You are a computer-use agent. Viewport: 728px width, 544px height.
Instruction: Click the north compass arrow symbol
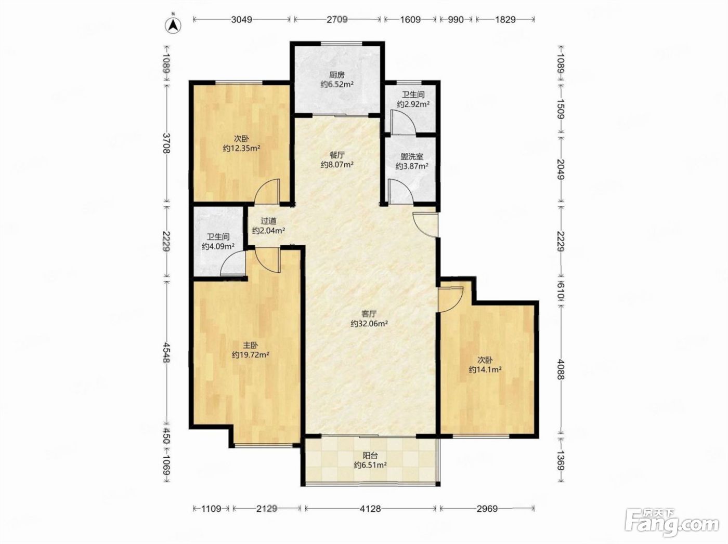pyautogui.click(x=173, y=25)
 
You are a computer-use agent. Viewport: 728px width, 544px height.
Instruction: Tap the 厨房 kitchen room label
pyautogui.click(x=336, y=75)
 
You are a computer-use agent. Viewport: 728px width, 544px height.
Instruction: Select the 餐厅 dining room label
pyautogui.click(x=336, y=155)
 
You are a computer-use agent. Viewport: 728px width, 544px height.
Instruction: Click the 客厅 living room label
pyautogui.click(x=369, y=313)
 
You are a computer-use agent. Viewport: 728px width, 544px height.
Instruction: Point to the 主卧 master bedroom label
pyautogui.click(x=251, y=345)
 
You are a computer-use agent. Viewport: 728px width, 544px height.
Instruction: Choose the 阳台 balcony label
pyautogui.click(x=370, y=455)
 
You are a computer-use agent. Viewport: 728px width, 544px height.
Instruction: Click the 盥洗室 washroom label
pyautogui.click(x=412, y=156)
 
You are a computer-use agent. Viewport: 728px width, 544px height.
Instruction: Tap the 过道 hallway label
pyautogui.click(x=268, y=221)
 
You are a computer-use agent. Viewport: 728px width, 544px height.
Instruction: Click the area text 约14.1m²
pyautogui.click(x=485, y=369)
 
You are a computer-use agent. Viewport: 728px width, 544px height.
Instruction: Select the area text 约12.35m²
pyautogui.click(x=241, y=148)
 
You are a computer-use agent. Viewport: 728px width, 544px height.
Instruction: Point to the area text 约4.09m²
pyautogui.click(x=218, y=246)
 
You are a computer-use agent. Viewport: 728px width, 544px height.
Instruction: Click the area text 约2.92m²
pyautogui.click(x=413, y=104)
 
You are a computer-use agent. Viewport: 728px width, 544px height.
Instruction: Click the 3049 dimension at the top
pyautogui.click(x=241, y=20)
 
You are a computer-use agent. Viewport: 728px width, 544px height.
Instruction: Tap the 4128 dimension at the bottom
pyautogui.click(x=370, y=508)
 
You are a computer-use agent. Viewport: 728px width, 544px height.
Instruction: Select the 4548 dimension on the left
pyautogui.click(x=166, y=352)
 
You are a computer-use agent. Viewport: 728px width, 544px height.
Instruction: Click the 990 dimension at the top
pyautogui.click(x=456, y=20)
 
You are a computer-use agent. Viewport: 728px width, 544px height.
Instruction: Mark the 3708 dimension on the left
pyautogui.click(x=166, y=143)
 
